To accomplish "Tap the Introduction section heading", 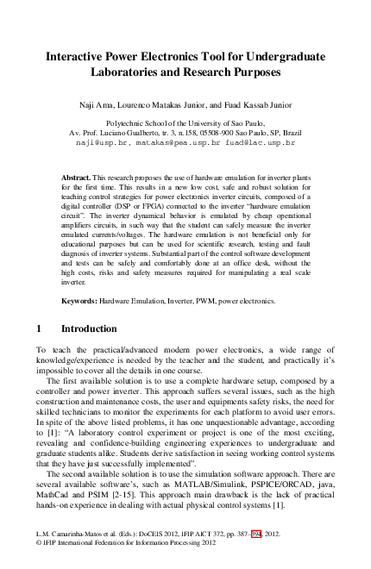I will pyautogui.click(x=89, y=329).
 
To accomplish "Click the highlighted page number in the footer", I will pyautogui.click(x=255, y=535).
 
